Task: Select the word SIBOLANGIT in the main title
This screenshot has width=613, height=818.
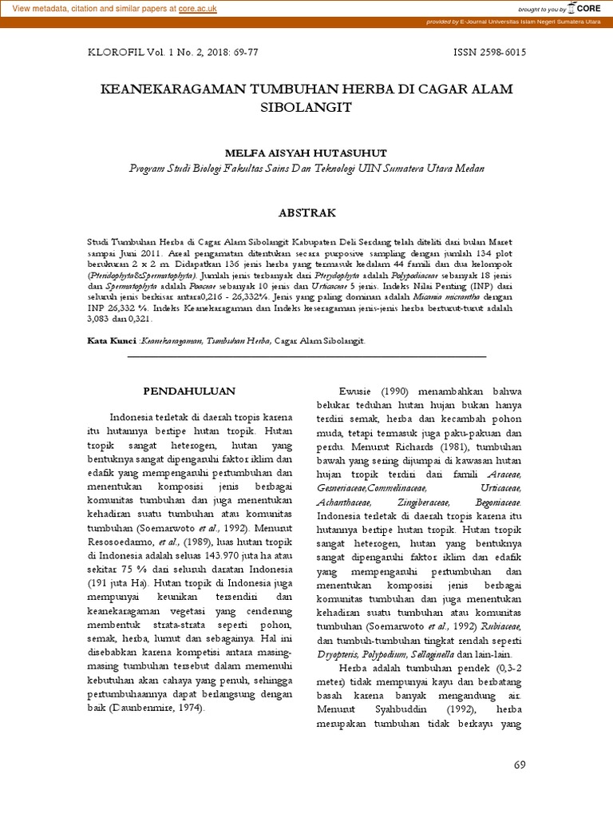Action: click(x=306, y=106)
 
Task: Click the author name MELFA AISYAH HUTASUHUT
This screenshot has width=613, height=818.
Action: click(x=306, y=152)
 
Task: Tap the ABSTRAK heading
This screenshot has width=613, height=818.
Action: click(x=306, y=212)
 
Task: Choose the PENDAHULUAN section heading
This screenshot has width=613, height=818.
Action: click(x=189, y=391)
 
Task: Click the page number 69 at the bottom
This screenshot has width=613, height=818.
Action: click(x=520, y=764)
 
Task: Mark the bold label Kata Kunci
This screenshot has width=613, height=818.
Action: click(x=111, y=340)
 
